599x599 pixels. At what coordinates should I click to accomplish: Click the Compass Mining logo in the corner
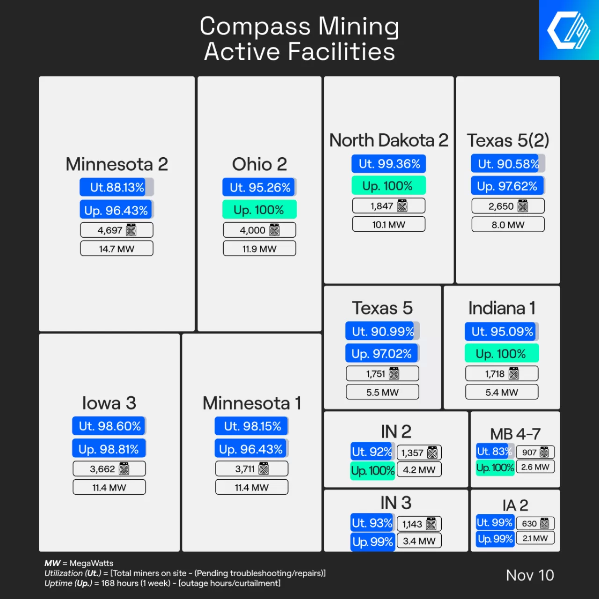click(569, 30)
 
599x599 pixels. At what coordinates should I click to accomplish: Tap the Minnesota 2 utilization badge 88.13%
click(116, 187)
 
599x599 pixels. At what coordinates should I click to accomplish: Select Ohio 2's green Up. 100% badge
click(259, 210)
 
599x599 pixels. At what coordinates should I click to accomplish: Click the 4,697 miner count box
click(117, 230)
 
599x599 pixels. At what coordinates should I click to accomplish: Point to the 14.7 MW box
click(117, 248)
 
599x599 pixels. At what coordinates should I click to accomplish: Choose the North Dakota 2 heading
click(388, 140)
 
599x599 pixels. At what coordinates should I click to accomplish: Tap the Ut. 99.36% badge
click(388, 164)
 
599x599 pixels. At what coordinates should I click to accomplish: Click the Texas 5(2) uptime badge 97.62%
click(507, 186)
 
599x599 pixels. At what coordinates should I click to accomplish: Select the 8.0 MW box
click(508, 225)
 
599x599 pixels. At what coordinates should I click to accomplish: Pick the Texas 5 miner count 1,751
click(382, 373)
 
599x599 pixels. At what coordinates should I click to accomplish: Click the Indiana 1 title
click(502, 308)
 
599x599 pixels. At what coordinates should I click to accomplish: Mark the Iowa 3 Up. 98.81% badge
click(109, 449)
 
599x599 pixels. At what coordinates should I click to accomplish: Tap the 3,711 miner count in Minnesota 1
click(251, 468)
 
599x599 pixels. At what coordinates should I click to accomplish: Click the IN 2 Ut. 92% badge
click(372, 452)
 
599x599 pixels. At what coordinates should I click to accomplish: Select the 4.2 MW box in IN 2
click(419, 469)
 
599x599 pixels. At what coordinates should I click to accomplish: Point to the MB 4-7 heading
click(515, 434)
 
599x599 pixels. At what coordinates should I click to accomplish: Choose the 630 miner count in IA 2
click(535, 523)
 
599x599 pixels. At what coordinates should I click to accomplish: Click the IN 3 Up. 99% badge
click(373, 541)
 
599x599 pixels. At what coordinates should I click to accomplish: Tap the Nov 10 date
click(530, 575)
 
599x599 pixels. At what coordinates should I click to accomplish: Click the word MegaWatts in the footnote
click(91, 563)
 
